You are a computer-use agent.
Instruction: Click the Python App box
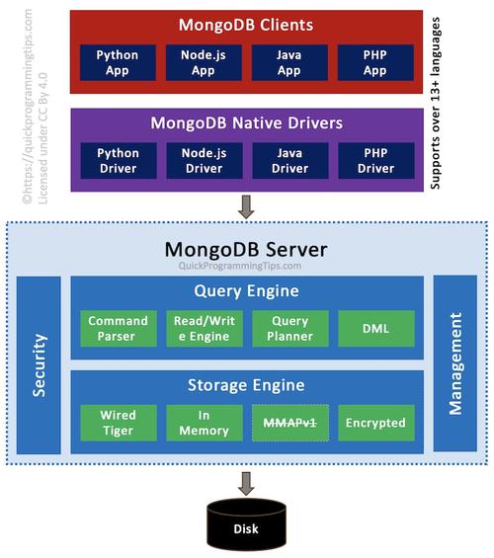(118, 62)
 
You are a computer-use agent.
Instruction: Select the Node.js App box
(204, 62)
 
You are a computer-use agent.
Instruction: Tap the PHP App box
(375, 62)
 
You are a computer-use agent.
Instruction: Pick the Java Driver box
(290, 161)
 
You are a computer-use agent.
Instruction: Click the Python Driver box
(119, 161)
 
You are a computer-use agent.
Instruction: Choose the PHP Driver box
(376, 161)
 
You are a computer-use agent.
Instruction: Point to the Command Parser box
(119, 329)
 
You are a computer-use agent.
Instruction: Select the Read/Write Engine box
(205, 329)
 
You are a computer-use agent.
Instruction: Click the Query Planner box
(290, 329)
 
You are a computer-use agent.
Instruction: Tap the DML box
(376, 329)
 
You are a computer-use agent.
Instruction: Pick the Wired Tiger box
(119, 423)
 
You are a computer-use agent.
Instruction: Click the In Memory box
(205, 423)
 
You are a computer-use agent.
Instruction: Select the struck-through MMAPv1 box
(290, 423)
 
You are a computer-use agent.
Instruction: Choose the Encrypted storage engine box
(376, 423)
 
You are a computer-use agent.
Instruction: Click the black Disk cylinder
(246, 523)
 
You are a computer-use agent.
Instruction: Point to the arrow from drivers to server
(246, 206)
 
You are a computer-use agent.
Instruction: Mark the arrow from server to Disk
(246, 483)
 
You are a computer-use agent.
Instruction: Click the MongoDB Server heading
(246, 250)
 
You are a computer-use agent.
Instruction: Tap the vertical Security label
(40, 365)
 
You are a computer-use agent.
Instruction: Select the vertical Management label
(455, 363)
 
